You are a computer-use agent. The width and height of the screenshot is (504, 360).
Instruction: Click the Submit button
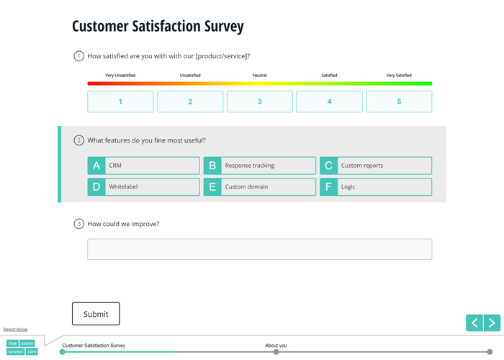coord(96,314)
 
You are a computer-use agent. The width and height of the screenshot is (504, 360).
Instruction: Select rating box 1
coord(120,102)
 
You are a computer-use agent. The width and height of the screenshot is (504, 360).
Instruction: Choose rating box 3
coord(260,102)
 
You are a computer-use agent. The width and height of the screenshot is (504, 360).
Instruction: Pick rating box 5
coord(399,102)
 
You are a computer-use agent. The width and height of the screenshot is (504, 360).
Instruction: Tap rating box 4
coord(329,102)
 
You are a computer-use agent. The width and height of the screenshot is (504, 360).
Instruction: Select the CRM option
coord(143,166)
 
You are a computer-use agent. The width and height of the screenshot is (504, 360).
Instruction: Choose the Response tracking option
coord(259,166)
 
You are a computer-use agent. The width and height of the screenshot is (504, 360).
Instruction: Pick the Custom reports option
coord(376,166)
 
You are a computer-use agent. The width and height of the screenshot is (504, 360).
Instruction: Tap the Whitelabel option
coord(143,187)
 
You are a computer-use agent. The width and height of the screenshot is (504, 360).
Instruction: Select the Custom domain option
coord(259,187)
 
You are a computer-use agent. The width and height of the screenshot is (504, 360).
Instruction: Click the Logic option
coord(376,187)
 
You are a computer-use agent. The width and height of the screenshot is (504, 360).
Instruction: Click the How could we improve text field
coord(259,249)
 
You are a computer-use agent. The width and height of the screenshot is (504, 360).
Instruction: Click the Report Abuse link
coord(16,329)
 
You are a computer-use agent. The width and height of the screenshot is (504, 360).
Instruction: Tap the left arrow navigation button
coord(474,323)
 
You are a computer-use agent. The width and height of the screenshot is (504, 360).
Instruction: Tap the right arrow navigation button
coord(492,323)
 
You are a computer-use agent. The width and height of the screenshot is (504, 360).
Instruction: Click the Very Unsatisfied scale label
coord(120,75)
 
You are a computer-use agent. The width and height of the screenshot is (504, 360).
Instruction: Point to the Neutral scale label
coord(260,75)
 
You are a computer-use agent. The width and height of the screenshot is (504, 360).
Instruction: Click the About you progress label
coord(276,346)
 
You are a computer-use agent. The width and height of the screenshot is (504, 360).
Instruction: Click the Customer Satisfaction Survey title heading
coord(158,27)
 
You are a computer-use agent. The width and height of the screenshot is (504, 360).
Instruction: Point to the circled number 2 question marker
coord(79,140)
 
